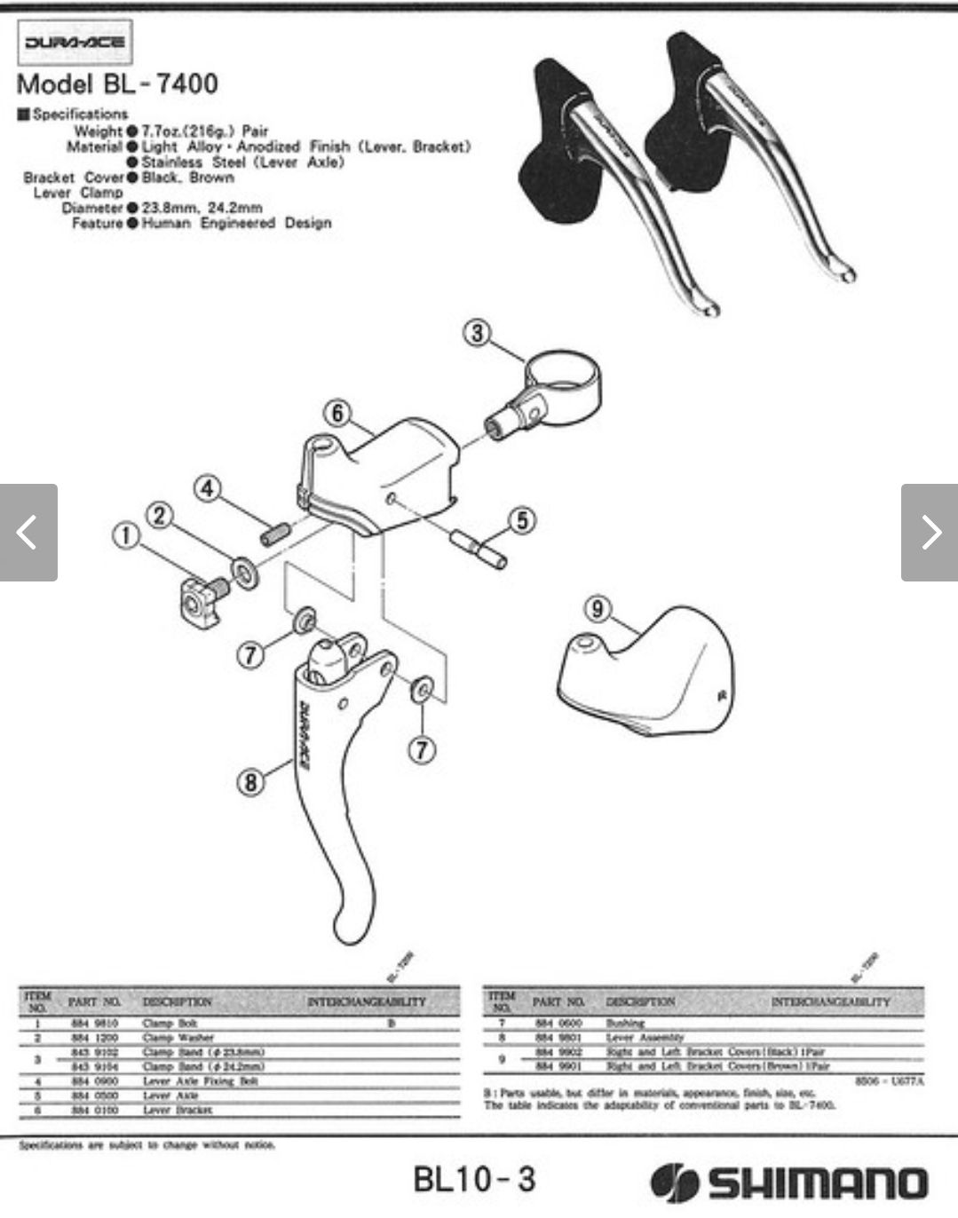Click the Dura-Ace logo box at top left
tap(75, 42)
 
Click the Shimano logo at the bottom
tap(789, 1182)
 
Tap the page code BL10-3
tap(474, 1179)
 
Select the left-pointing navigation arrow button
tap(28, 533)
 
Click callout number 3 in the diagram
tap(478, 334)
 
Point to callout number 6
tap(337, 414)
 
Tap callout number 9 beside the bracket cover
tap(598, 609)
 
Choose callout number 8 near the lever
tap(251, 782)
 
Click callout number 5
tap(522, 520)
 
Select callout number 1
tap(126, 536)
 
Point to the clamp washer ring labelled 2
tap(244, 573)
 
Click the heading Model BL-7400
tap(117, 84)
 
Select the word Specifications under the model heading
tap(80, 114)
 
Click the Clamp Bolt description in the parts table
tap(170, 1023)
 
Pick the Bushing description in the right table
tap(625, 1023)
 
